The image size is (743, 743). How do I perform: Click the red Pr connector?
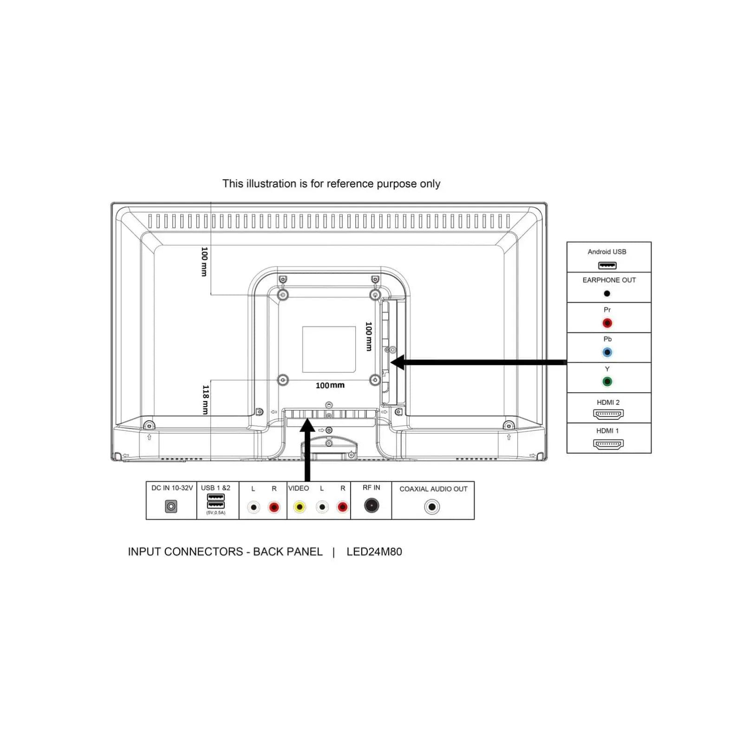pos(607,323)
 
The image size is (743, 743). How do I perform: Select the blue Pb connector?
pos(607,352)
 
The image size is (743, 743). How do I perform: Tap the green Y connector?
pos(607,382)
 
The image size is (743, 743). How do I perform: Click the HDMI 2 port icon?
pos(608,414)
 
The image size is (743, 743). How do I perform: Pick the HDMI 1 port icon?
pos(608,444)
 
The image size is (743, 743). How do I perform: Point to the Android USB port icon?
pos(607,266)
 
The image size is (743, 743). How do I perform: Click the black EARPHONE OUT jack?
pos(607,293)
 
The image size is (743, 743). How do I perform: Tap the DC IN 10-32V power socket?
pos(171,506)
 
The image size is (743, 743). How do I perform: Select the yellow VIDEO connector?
pos(300,507)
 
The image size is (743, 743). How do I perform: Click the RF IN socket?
pos(371,505)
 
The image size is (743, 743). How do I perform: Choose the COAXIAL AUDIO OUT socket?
pos(432,507)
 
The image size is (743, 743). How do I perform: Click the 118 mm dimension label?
pos(205,399)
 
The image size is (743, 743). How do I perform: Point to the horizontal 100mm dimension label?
pos(330,385)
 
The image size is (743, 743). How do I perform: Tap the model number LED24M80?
pos(374,552)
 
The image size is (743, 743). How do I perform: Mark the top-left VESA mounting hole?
pos(283,295)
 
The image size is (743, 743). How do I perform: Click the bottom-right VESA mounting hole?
pos(375,380)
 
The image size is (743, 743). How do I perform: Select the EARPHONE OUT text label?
pos(609,280)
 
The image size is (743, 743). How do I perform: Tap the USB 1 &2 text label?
pos(215,488)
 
